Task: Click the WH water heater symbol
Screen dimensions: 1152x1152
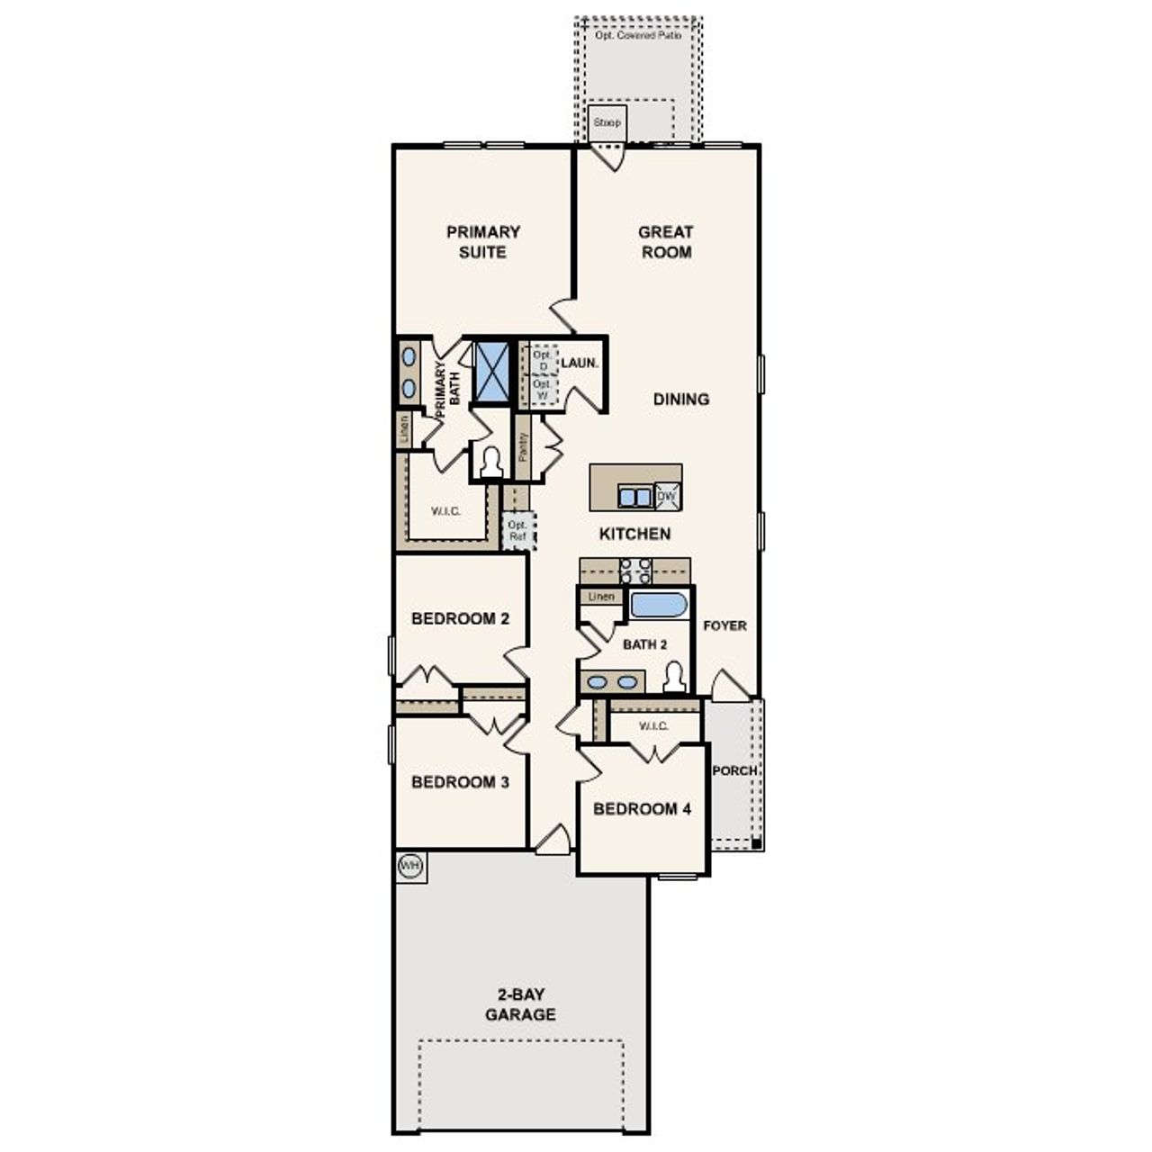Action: [x=410, y=867]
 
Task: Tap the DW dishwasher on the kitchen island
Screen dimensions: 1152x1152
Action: [x=667, y=496]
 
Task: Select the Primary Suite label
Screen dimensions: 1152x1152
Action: [x=483, y=242]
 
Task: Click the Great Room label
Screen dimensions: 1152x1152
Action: [x=666, y=242]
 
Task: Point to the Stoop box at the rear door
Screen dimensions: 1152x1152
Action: [x=607, y=122]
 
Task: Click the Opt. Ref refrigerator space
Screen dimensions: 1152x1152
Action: [x=517, y=530]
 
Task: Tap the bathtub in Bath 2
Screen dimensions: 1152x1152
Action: [x=659, y=604]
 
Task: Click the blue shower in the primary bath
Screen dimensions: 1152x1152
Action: [x=491, y=370]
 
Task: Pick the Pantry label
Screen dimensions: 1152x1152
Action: [x=523, y=447]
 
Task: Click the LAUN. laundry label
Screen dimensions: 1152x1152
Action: [x=579, y=364]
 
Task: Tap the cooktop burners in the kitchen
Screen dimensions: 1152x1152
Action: [x=635, y=571]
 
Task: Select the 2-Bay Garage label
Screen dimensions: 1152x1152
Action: [x=520, y=1004]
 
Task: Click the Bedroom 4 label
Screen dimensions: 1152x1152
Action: [x=642, y=809]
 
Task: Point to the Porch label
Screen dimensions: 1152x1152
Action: [x=734, y=770]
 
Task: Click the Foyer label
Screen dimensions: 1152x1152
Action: [x=724, y=625]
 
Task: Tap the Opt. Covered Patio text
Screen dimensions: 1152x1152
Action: [x=637, y=35]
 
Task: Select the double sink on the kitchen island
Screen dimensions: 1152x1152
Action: [x=634, y=497]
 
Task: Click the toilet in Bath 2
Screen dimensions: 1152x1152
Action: [x=675, y=677]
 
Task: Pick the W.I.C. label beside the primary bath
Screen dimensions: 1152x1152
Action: [x=445, y=511]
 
